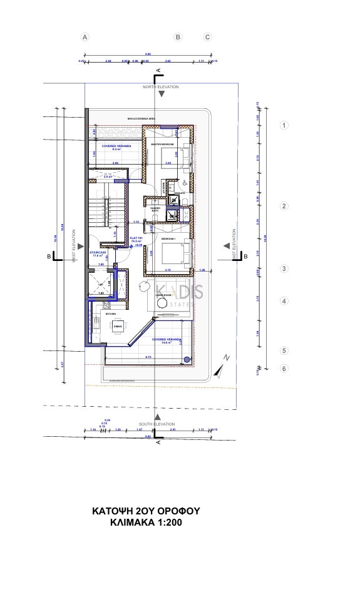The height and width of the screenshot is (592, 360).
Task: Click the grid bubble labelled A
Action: [86, 37]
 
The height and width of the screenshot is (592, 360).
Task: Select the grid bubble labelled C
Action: [208, 37]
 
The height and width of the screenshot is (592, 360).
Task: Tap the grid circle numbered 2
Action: [284, 206]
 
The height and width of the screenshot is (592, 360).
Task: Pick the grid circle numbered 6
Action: [284, 369]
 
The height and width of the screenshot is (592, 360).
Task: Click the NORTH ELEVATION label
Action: [161, 87]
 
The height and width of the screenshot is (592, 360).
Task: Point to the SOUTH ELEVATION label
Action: [157, 424]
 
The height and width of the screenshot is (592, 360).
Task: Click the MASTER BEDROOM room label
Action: [162, 145]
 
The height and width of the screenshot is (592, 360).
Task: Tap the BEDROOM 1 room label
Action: [168, 239]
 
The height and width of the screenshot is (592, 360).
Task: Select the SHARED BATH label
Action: [155, 209]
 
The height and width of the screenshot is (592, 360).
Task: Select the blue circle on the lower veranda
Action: [187, 359]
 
